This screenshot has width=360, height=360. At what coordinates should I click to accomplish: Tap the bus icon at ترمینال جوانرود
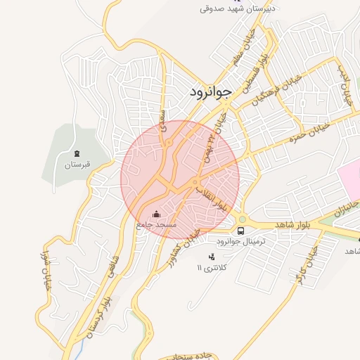241,231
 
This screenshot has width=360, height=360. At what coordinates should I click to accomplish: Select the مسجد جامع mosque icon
156,214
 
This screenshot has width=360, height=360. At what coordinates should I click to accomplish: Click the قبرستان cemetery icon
77,154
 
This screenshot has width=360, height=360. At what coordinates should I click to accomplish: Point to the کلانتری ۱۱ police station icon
212,256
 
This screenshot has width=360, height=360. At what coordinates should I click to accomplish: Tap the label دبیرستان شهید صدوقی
239,8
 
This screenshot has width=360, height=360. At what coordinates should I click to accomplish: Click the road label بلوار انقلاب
212,198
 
